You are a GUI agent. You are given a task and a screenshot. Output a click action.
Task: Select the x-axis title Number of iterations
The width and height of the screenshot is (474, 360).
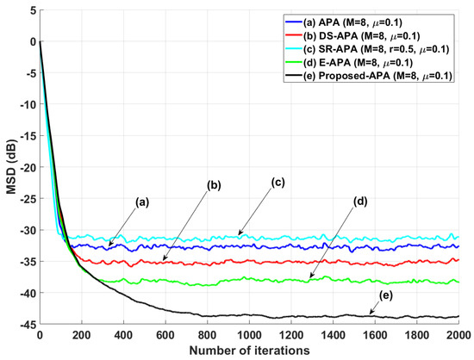click(250, 351)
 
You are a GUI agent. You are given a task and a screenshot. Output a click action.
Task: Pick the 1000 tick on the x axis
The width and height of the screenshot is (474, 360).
click(249, 336)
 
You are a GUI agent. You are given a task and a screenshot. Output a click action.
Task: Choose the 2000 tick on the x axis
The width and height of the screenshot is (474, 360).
click(458, 336)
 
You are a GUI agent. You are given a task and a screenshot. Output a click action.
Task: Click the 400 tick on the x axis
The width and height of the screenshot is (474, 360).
click(124, 336)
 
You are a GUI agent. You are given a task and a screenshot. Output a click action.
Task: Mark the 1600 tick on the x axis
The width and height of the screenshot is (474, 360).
click(374, 336)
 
